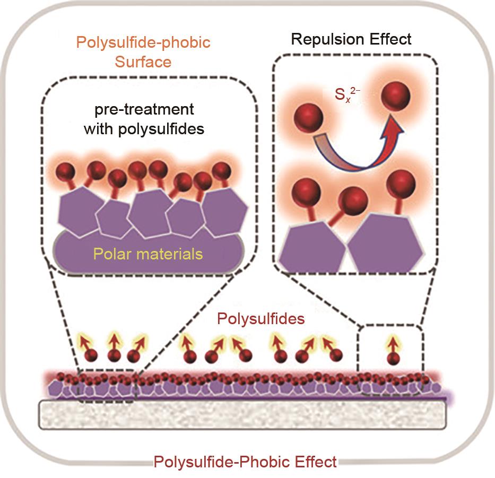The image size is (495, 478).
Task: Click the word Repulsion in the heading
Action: click(x=323, y=39)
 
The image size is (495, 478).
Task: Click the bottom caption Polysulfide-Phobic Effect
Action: click(x=245, y=462)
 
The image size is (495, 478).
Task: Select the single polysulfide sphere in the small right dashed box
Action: click(x=393, y=358)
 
